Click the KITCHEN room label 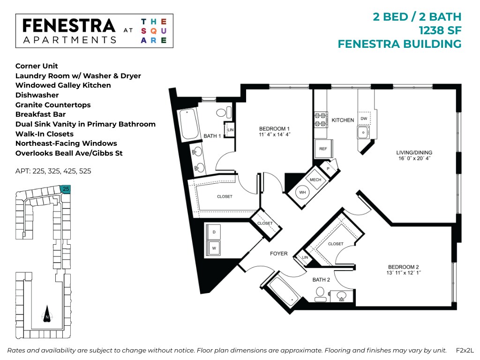[343, 120]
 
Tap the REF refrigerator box [323, 149]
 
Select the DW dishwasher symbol [364, 119]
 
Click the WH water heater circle [303, 192]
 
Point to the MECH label [315, 180]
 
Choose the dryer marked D [214, 232]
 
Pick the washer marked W [214, 248]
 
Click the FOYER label [278, 254]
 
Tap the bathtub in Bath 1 [189, 122]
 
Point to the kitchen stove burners [321, 119]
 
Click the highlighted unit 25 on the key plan [66, 188]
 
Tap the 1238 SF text [440, 30]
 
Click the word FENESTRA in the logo [68, 25]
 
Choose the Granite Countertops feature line [53, 105]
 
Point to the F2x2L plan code [465, 350]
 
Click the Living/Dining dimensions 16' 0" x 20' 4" [413, 159]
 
